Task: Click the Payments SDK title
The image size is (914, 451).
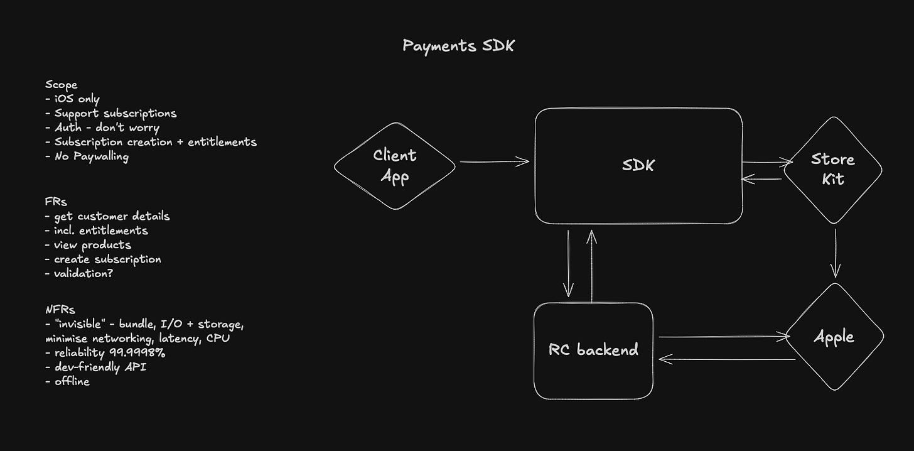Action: click(458, 46)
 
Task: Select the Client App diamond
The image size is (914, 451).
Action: click(395, 166)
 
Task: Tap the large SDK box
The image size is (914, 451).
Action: click(638, 166)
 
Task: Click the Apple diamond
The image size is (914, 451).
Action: click(834, 337)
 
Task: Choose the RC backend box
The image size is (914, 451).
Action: click(593, 350)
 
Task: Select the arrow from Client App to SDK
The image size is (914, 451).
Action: click(495, 162)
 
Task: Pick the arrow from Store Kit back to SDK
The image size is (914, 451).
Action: click(761, 180)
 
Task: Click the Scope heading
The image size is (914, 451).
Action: click(61, 85)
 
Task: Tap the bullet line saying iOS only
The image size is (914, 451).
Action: click(72, 99)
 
